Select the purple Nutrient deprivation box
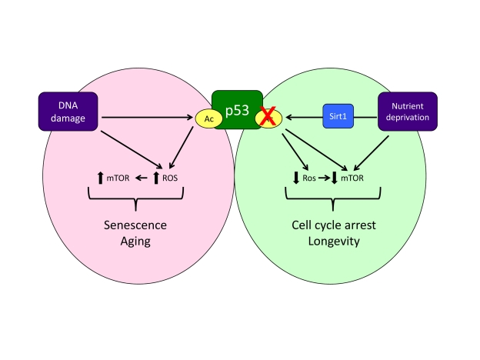point(408,112)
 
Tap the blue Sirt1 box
point(342,118)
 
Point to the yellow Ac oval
point(208,119)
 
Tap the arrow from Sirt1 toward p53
point(304,118)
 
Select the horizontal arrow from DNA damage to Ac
point(146,118)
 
